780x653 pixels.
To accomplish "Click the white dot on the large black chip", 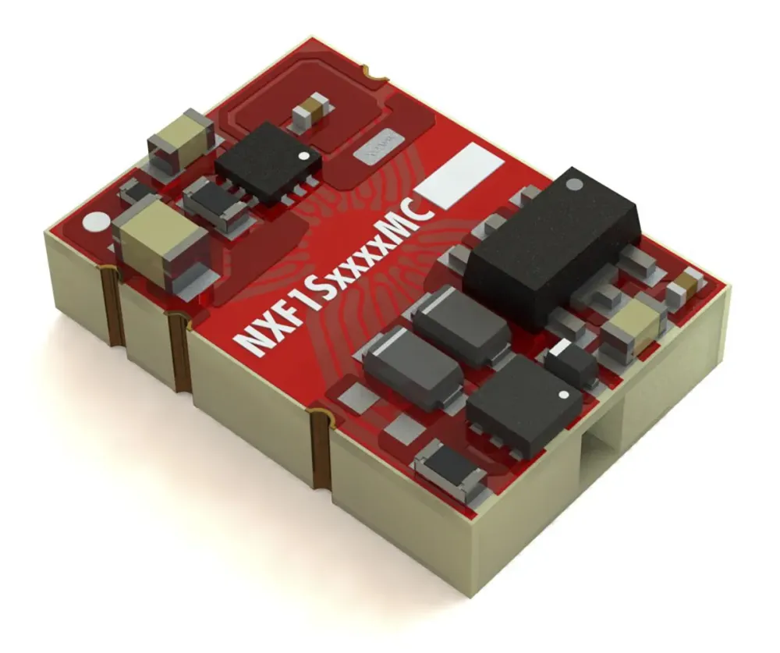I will pyautogui.click(x=574, y=185).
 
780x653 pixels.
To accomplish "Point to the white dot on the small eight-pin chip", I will pyautogui.click(x=314, y=155).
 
